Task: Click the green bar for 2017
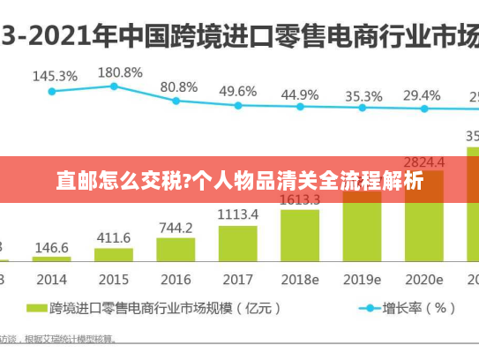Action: [237, 243]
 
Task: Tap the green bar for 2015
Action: [114, 254]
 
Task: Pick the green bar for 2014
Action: [52, 259]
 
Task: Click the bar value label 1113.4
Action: [237, 214]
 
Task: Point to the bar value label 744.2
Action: [176, 227]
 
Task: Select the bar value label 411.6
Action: [114, 238]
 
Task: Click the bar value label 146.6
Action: [52, 248]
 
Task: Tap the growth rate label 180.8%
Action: [120, 71]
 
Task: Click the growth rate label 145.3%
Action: [55, 77]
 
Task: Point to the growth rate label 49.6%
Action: [238, 91]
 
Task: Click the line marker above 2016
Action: [176, 101]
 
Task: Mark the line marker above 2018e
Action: [300, 107]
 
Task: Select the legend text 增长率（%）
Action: [419, 309]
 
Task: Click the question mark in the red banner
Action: [185, 183]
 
